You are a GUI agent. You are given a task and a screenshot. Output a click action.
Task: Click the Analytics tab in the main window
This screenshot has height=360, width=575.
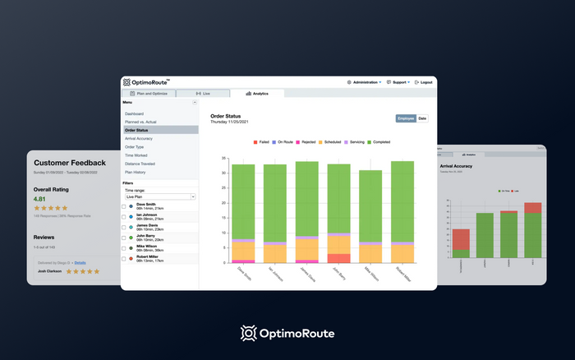coord(260,94)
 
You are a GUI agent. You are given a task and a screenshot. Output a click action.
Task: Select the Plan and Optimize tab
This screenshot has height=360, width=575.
coord(148,94)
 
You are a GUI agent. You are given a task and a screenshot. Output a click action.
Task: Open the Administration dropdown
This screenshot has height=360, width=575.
coord(365,82)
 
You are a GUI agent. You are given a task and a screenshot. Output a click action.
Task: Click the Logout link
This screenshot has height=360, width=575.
coord(424,82)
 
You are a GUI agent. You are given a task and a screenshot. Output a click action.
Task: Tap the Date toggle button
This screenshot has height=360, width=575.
coord(422,118)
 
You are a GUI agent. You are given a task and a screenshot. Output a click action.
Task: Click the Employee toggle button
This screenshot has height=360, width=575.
coord(406,118)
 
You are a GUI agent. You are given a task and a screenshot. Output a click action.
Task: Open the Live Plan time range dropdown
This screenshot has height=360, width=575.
coord(159,197)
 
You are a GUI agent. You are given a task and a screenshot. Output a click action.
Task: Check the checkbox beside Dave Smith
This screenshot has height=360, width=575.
coord(124,206)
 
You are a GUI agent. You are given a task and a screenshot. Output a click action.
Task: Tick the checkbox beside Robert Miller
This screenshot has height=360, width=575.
coord(124,258)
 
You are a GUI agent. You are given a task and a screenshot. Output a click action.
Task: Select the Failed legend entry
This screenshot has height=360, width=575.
coord(263,142)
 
